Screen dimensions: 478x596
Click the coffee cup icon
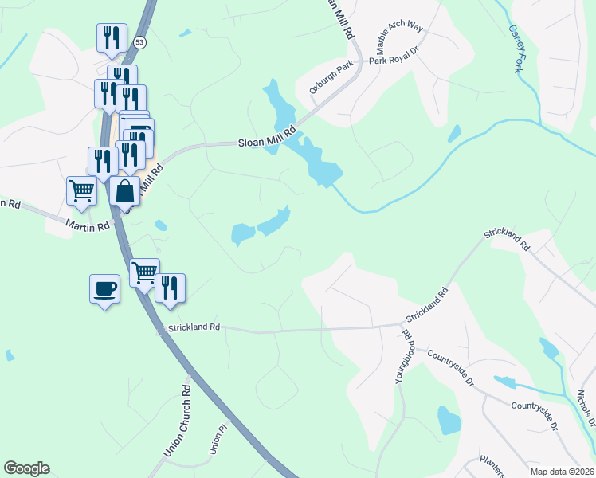(x=104, y=288)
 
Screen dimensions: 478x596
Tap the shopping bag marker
(x=125, y=191)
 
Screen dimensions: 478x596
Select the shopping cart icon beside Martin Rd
(x=81, y=190)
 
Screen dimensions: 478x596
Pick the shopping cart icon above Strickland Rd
(x=144, y=273)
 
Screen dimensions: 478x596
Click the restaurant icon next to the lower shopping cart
(x=170, y=288)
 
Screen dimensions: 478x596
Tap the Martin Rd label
(x=88, y=227)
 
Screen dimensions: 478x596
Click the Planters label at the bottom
(x=492, y=464)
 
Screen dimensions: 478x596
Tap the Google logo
(x=26, y=468)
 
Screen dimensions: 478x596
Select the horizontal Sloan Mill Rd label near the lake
(x=268, y=138)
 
